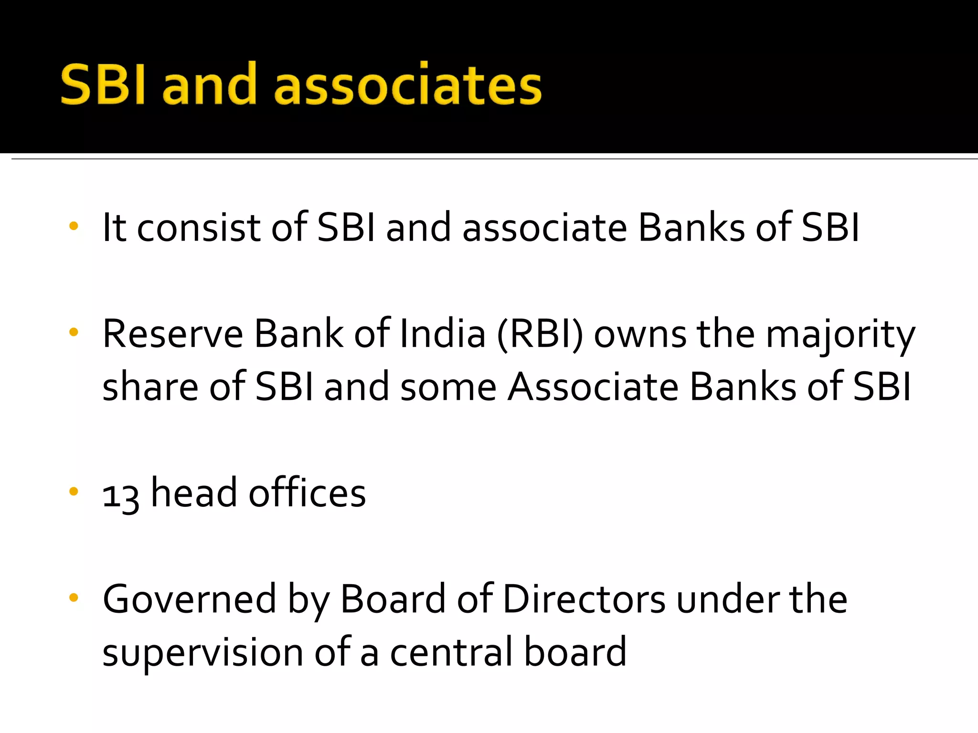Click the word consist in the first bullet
point(199,228)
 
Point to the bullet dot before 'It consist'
point(73,226)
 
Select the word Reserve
point(173,334)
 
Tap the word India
point(443,334)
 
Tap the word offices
point(307,493)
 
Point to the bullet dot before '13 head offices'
point(73,492)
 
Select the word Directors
point(584,599)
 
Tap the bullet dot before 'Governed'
point(73,597)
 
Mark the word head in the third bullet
point(194,493)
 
